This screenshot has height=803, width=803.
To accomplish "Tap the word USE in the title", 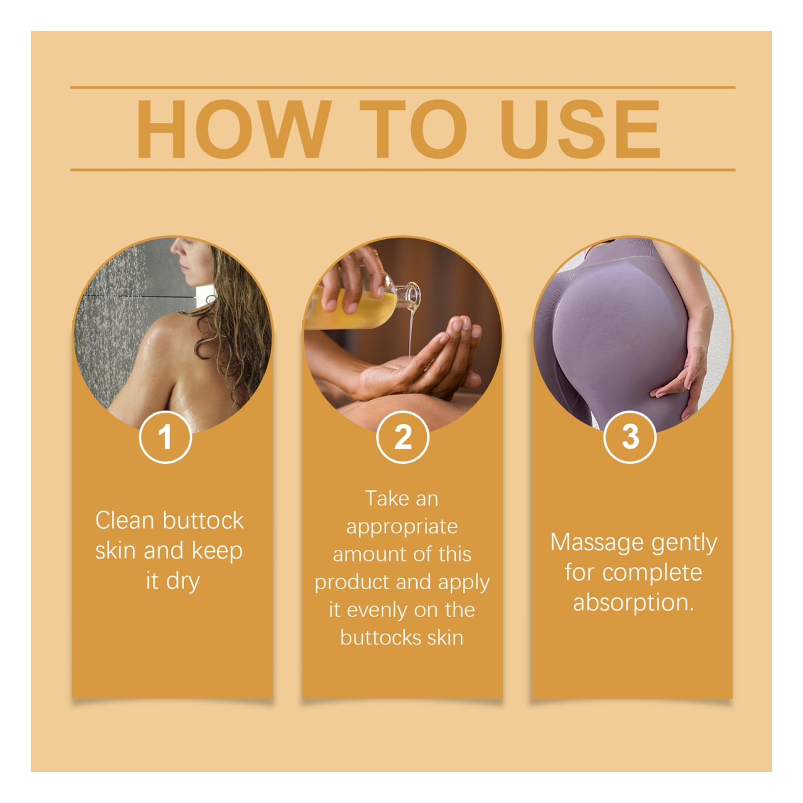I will pos(581,130).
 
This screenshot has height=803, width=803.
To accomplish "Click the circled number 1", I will pos(165,437).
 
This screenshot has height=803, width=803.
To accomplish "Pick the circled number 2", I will pos(403,437).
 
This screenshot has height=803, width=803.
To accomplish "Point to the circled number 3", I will pos(629,437).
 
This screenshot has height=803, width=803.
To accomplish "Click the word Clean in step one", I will pos(124,521).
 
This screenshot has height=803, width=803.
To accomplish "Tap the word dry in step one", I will pos(183,582).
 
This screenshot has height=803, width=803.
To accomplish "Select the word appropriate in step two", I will pos(402,527).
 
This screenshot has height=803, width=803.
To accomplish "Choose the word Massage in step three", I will pos(597,542).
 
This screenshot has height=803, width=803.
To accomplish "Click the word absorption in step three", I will pos(633,602).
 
